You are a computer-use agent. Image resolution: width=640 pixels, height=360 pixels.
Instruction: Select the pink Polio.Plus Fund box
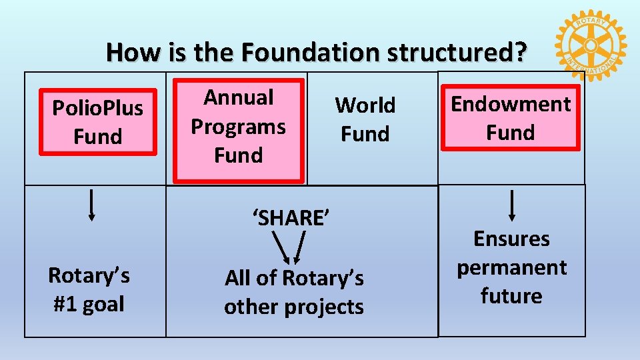tap(98, 122)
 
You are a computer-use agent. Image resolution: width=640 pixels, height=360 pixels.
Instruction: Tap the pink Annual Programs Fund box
tap(239, 130)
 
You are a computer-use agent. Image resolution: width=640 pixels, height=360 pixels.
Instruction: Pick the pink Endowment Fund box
tap(511, 118)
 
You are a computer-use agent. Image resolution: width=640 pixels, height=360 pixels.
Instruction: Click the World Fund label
tap(365, 119)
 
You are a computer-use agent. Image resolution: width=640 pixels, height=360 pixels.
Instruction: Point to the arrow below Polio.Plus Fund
tap(91, 204)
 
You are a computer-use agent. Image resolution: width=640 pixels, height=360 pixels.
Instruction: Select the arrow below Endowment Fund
tap(512, 204)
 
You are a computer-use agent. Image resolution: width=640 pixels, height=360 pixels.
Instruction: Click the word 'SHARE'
tap(291, 217)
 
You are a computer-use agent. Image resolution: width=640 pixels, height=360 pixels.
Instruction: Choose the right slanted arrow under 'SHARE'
tap(301, 247)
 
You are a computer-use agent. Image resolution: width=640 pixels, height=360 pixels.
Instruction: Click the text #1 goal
tap(89, 304)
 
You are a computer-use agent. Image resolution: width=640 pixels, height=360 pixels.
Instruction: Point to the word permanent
tap(511, 267)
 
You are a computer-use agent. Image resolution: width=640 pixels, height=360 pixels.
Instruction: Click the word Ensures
tap(511, 239)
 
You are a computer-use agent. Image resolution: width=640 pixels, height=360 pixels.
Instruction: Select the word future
tap(511, 296)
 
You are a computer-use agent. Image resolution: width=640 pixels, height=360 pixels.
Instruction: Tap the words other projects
tap(294, 307)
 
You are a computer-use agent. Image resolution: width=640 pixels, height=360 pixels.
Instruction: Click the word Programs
tap(238, 126)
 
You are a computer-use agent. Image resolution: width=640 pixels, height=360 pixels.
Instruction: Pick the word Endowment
tap(511, 104)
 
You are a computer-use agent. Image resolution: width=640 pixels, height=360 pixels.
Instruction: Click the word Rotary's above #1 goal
tap(89, 275)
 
